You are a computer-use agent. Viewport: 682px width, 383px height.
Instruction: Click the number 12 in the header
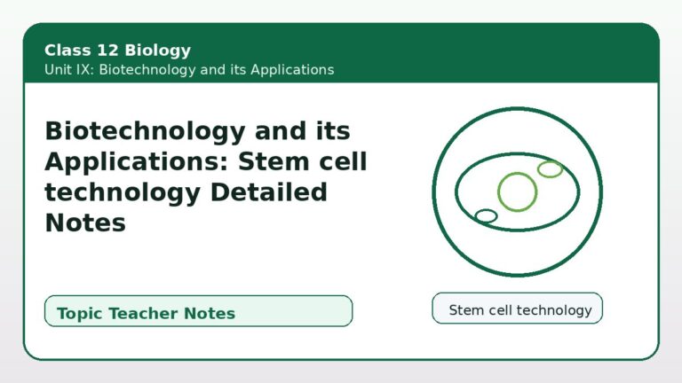pos(107,50)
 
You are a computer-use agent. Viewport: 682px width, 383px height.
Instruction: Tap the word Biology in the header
pos(157,51)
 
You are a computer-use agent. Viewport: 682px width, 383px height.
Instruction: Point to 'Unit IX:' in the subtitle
pos(69,69)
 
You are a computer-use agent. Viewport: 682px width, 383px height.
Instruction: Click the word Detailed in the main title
pos(268,191)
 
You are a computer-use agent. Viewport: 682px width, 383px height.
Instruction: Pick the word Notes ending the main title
pos(85,223)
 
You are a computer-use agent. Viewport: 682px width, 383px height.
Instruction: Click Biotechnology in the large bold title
pos(146,131)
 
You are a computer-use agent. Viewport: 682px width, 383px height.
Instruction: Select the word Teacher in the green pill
pos(146,313)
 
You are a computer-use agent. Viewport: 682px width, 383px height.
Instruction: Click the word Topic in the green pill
pos(80,314)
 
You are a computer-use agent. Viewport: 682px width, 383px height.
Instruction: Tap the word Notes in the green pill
pos(210,313)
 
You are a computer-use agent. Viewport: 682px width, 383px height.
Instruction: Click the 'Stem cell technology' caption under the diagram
pos(520,310)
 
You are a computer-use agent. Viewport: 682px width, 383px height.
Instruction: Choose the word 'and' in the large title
pos(281,130)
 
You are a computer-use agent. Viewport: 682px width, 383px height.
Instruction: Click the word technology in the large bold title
pos(123,193)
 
